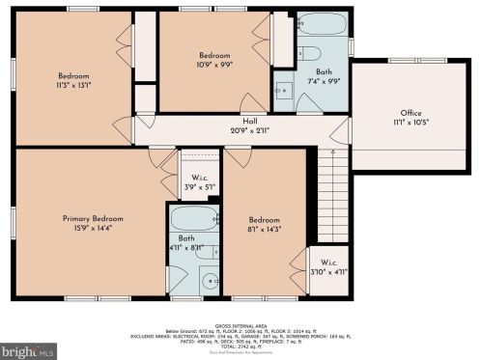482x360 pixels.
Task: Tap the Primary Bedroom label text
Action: coord(89,218)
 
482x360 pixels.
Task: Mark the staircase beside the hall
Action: coord(332,193)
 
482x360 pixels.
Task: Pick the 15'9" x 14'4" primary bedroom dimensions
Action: coord(89,228)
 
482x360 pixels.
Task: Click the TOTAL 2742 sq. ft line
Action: coord(241,344)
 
